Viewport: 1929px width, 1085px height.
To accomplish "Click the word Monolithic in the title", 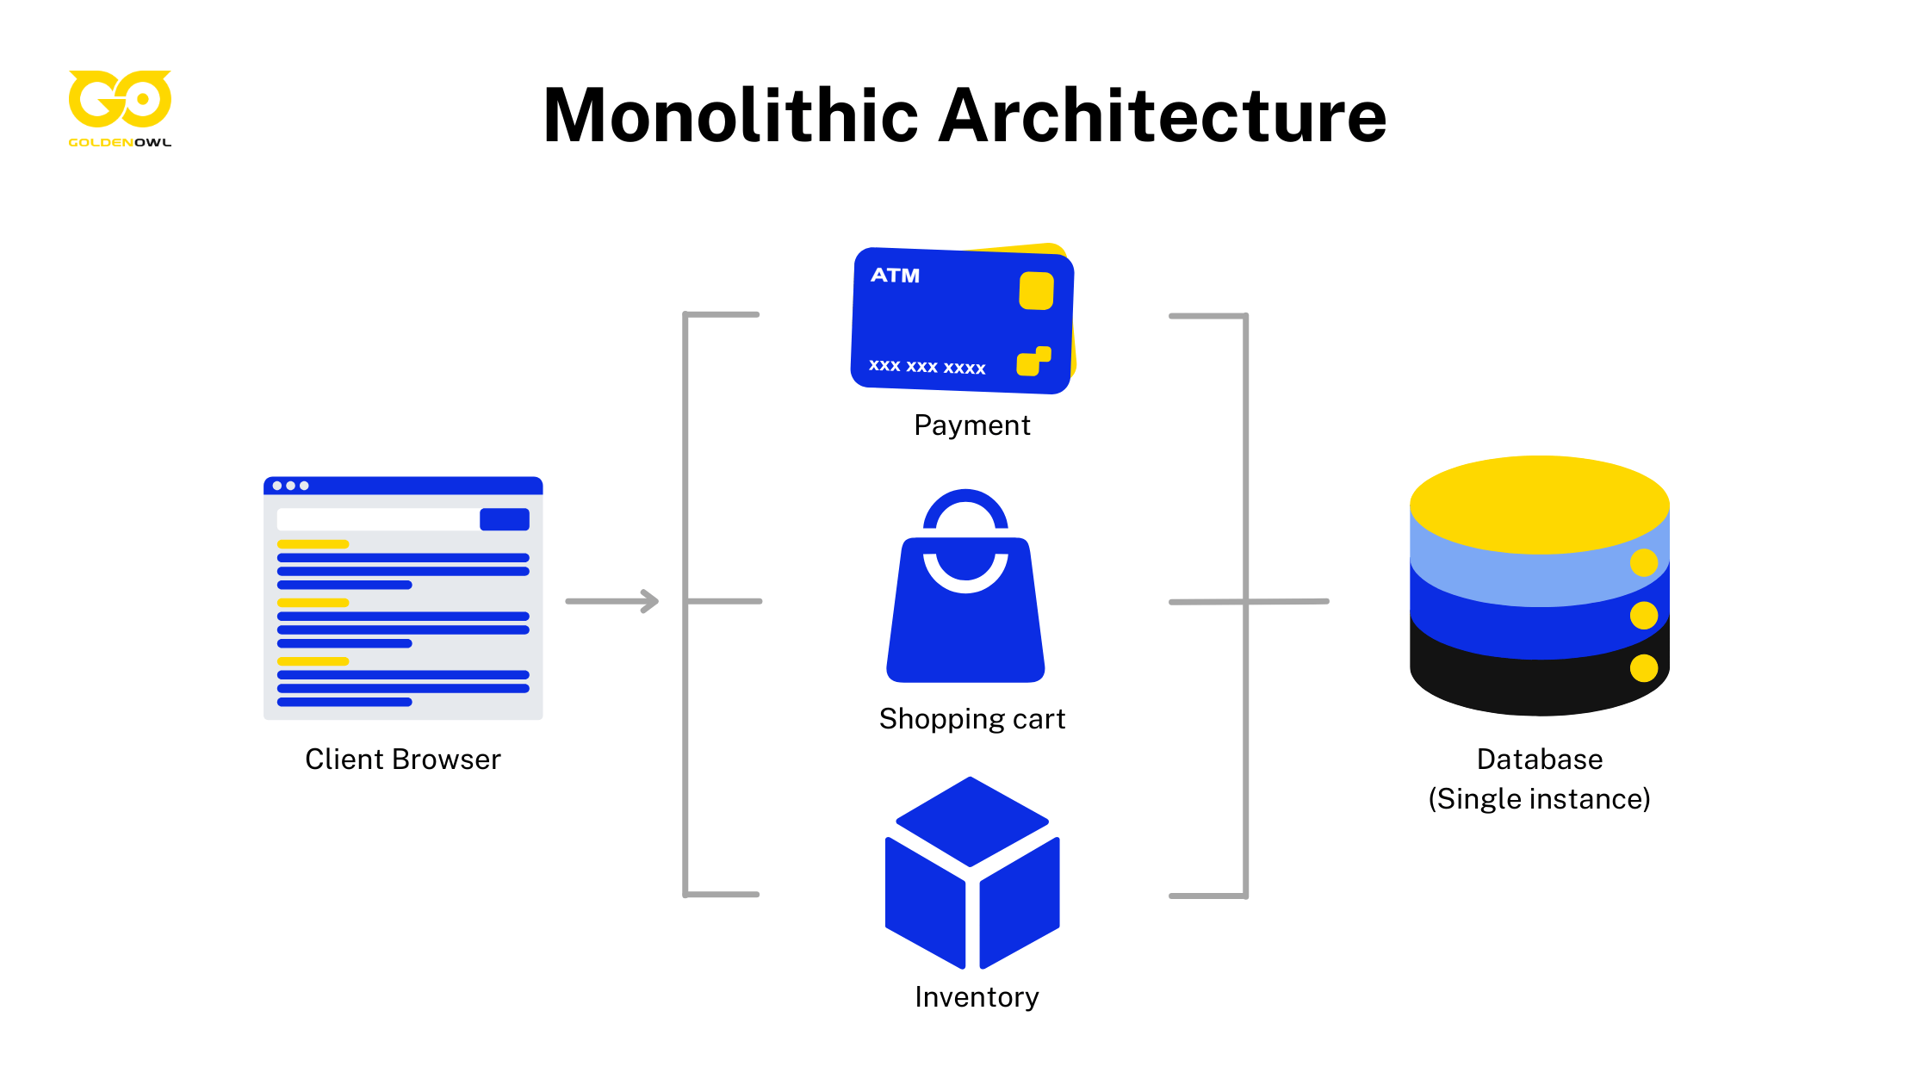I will coord(730,116).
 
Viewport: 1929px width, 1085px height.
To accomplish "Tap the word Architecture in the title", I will coord(1163,116).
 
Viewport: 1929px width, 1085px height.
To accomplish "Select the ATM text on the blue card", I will coord(895,276).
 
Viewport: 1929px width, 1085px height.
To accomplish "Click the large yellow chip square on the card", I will coord(1036,291).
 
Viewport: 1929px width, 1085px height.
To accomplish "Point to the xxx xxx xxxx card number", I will coord(927,367).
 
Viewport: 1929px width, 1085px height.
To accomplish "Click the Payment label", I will coord(971,425).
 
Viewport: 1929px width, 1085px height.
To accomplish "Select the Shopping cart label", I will coord(971,719).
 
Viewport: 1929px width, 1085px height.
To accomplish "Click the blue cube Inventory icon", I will coord(971,874).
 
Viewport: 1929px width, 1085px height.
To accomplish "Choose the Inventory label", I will coord(977,997).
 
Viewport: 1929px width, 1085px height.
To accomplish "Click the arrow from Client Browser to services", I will coord(612,601).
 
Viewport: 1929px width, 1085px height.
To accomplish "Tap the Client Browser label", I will coord(402,759).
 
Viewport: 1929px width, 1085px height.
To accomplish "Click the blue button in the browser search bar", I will coord(505,519).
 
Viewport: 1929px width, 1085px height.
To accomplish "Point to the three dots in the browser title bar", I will coord(290,486).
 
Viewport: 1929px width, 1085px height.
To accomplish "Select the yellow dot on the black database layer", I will coord(1643,668).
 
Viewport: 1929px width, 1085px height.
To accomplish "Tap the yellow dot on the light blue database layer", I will coord(1643,562).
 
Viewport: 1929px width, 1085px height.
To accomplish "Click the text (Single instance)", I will coord(1539,799).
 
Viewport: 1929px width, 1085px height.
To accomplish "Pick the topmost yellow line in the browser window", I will coord(313,544).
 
